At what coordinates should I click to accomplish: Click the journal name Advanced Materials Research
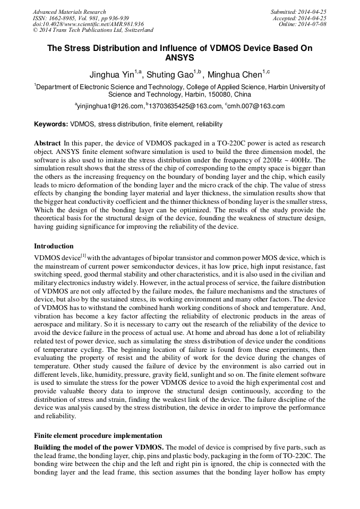pyautogui.click(x=69, y=12)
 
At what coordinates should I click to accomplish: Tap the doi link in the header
pyautogui.click(x=88, y=24)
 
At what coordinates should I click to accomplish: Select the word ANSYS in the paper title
pyautogui.click(x=180, y=57)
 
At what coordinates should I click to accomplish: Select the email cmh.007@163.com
pyautogui.click(x=254, y=106)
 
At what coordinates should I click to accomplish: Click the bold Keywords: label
pyautogui.click(x=51, y=124)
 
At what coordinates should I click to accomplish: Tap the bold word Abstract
pyautogui.click(x=47, y=143)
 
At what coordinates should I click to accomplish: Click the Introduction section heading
pyautogui.click(x=54, y=246)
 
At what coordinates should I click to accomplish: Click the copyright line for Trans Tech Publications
pyautogui.click(x=93, y=30)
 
